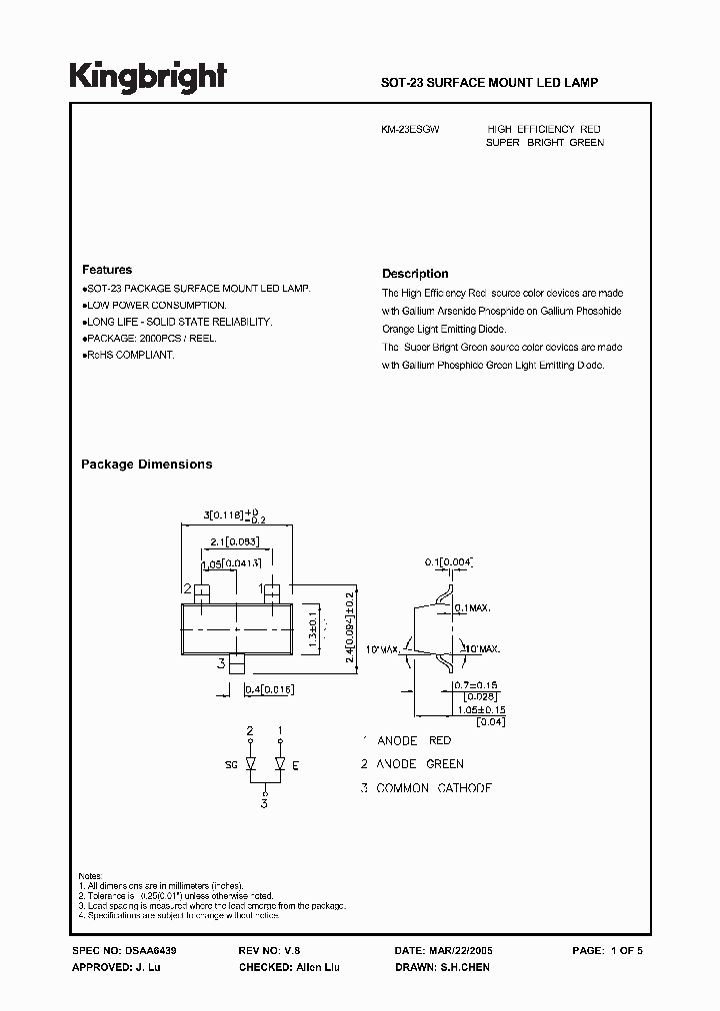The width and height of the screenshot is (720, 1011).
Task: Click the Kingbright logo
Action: pyautogui.click(x=147, y=76)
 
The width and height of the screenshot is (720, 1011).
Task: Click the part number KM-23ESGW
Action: pyautogui.click(x=410, y=130)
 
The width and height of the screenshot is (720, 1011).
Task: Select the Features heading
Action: pyautogui.click(x=106, y=270)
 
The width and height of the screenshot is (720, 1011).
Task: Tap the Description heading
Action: pyautogui.click(x=415, y=274)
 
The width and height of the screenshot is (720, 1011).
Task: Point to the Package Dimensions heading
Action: pyautogui.click(x=146, y=465)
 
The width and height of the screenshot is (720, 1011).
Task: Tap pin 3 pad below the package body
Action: pyautogui.click(x=236, y=661)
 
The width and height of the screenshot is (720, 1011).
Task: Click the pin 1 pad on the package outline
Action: pyautogui.click(x=271, y=591)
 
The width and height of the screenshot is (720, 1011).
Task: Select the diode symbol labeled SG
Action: pyautogui.click(x=250, y=765)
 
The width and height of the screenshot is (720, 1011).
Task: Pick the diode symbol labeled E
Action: pyautogui.click(x=280, y=765)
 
